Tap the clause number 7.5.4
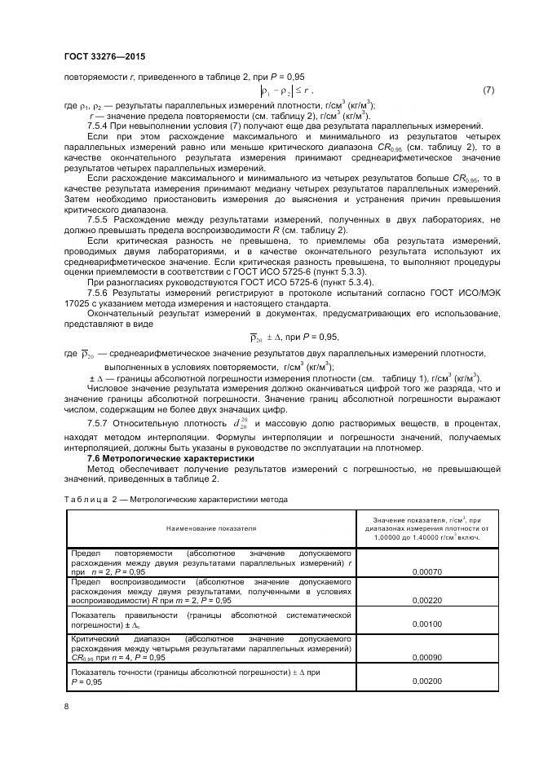pyautogui.click(x=99, y=126)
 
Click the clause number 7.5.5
pyautogui.click(x=99, y=220)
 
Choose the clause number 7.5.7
pyautogui.click(x=99, y=424)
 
